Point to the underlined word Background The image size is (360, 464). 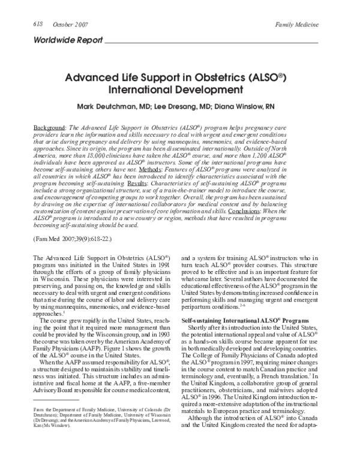click(x=49, y=129)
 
